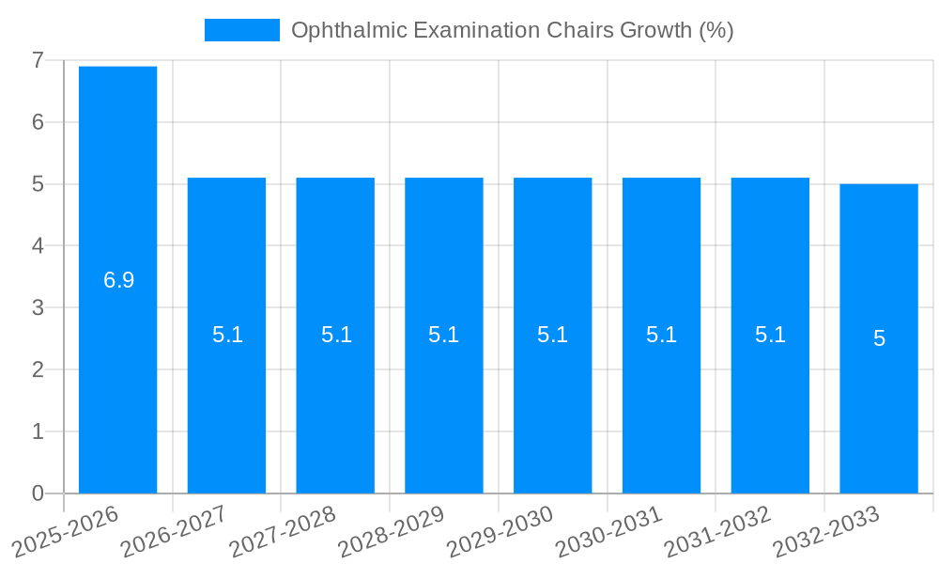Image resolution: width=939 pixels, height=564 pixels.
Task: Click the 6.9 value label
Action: tap(119, 280)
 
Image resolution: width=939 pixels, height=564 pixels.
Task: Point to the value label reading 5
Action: tap(879, 338)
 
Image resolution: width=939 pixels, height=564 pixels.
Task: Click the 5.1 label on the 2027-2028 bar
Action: tap(336, 335)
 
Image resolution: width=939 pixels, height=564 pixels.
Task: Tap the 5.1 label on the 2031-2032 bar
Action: tap(770, 335)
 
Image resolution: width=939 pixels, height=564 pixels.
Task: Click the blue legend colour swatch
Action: tap(242, 30)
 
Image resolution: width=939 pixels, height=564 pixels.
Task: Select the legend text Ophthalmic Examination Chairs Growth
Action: tap(512, 30)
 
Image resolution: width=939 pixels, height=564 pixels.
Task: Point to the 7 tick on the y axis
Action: tap(38, 61)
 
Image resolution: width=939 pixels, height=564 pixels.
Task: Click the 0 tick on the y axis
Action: tap(38, 493)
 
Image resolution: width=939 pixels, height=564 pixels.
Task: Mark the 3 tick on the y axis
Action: tap(38, 307)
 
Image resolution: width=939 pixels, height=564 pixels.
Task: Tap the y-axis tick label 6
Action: tap(38, 122)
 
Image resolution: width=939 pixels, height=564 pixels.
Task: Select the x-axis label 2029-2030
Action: tap(500, 531)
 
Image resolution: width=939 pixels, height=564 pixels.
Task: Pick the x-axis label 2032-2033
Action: tap(825, 531)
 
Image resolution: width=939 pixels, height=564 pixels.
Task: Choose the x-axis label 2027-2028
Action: tap(282, 531)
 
